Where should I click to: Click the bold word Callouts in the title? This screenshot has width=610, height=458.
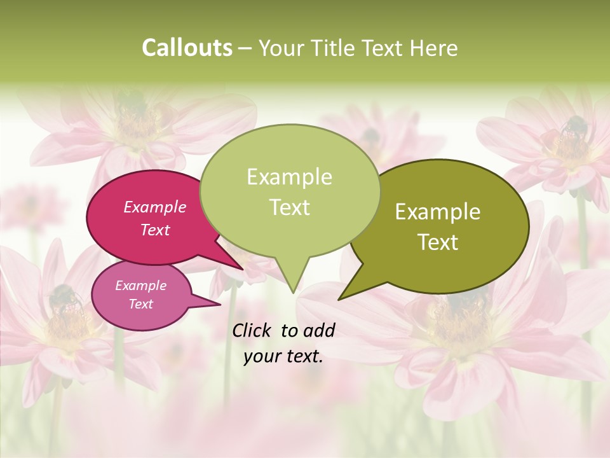187,48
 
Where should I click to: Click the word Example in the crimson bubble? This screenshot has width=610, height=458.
154,207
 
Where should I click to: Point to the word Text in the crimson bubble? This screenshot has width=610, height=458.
154,230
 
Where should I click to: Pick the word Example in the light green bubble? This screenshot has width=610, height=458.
289,177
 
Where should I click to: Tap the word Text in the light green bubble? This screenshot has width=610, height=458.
289,207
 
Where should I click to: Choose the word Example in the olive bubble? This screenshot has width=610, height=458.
438,212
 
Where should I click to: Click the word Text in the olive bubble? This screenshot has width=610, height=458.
438,242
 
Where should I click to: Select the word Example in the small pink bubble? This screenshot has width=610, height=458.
140,286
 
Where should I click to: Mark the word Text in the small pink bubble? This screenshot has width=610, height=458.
140,304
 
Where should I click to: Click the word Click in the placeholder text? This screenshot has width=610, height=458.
253,330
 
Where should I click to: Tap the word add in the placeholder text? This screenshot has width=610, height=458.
320,330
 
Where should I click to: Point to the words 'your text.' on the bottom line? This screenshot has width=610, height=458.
283,356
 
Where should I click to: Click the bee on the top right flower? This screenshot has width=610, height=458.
574,128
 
